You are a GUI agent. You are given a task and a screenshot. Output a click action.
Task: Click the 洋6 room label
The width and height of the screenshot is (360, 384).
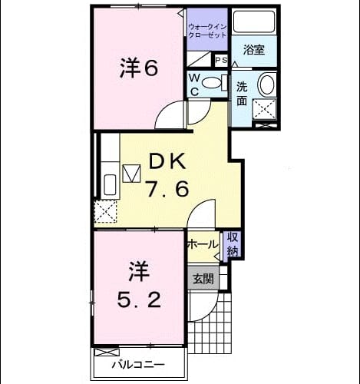138,68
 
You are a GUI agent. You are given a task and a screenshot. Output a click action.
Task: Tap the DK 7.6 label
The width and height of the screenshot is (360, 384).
167,176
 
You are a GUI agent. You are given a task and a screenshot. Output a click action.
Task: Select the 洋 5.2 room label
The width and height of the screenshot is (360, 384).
139,285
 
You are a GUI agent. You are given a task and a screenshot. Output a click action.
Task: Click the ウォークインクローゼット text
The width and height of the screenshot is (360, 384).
207,31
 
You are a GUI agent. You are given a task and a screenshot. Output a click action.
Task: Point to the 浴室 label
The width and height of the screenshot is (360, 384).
254,49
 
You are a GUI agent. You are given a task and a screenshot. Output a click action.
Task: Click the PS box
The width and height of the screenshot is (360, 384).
221,61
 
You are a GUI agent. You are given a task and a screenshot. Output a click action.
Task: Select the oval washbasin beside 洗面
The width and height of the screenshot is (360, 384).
267,84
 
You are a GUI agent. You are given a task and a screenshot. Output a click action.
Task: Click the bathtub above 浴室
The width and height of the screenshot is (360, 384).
254,22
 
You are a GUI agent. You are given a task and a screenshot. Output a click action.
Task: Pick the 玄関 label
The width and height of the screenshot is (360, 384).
203,278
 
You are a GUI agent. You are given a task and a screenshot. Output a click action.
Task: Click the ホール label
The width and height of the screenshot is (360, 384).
203,245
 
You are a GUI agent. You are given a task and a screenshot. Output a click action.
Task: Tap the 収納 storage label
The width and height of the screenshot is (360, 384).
233,244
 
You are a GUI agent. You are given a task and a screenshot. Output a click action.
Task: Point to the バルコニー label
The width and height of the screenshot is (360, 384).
138,364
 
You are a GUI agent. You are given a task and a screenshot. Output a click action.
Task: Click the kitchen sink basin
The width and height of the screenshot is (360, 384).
111,184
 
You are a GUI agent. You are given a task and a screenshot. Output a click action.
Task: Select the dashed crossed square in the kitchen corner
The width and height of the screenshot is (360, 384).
105,211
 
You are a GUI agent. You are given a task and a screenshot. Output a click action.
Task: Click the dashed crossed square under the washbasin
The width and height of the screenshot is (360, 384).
265,109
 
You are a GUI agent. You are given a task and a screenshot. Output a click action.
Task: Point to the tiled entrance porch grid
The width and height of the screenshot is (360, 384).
210,323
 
